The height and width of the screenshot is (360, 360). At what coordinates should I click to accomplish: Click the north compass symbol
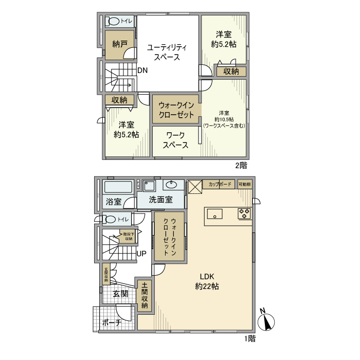[267, 321]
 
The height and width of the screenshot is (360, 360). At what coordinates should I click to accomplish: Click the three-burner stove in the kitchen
[244, 213]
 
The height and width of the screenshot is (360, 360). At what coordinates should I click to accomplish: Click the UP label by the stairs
[141, 254]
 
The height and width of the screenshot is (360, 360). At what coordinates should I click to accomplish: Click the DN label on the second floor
[142, 70]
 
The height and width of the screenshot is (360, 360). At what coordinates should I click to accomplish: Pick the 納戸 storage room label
[120, 44]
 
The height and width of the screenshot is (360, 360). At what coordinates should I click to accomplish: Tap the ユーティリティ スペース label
[167, 52]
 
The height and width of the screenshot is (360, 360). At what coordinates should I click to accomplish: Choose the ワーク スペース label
[175, 140]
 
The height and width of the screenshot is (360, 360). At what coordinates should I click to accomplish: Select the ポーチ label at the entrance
[111, 322]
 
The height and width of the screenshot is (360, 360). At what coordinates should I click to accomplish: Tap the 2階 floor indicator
[241, 165]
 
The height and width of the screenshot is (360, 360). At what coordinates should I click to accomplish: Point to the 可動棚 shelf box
[245, 184]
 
